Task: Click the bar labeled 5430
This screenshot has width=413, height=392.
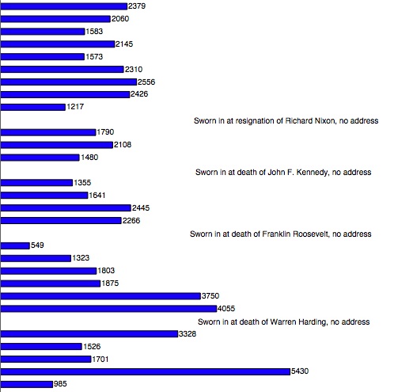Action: [146, 371]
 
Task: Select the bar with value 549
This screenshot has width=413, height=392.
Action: [15, 245]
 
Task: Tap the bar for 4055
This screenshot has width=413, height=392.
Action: [108, 309]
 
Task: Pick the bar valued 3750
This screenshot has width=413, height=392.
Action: [100, 296]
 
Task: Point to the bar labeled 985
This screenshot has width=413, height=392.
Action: [27, 384]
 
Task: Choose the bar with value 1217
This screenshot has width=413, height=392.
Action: [33, 107]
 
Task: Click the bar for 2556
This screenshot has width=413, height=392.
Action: [69, 82]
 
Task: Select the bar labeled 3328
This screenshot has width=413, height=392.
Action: [89, 334]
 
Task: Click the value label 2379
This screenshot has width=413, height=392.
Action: [137, 6]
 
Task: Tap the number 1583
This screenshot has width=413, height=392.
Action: [94, 32]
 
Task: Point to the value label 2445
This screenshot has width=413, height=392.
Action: [141, 208]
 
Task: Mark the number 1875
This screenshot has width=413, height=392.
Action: [110, 284]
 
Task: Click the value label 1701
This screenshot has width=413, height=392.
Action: [100, 360]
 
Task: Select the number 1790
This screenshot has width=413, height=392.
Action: [105, 132]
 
